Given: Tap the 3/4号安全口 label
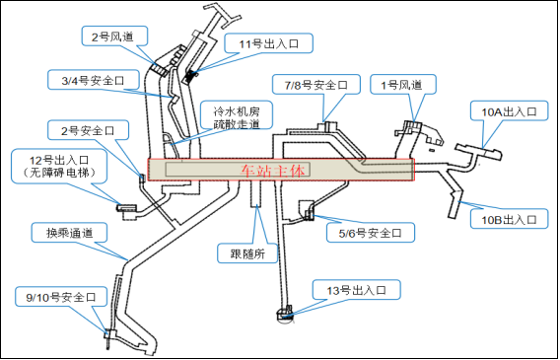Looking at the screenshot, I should coord(87,78).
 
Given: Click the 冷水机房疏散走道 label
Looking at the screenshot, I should coord(231,116).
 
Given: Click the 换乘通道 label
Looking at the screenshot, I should coord(62,233).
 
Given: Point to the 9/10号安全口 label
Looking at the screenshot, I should coord(62,296).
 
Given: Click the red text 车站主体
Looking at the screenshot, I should coord(274,170).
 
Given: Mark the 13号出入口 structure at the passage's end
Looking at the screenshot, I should coord(284,315).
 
